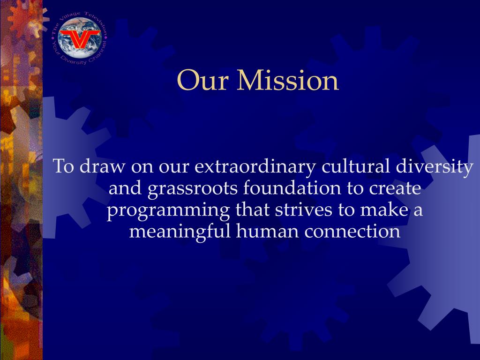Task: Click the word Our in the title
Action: (x=202, y=80)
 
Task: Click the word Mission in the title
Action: (x=288, y=80)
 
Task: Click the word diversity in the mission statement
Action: (x=435, y=167)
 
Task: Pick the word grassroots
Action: (x=193, y=188)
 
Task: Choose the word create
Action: (x=395, y=188)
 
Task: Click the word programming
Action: (x=168, y=210)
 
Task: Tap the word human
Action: (x=267, y=231)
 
